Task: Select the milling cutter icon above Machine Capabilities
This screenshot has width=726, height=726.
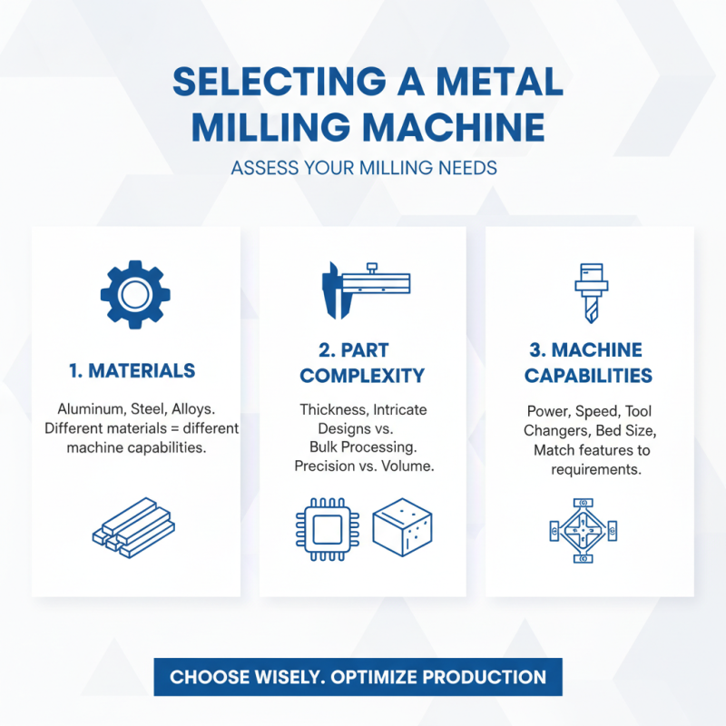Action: click(590, 293)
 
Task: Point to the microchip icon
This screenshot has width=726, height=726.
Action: click(323, 529)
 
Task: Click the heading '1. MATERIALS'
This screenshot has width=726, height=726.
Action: click(132, 370)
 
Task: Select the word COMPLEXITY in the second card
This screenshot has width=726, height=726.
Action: click(363, 376)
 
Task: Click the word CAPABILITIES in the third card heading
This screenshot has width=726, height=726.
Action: click(588, 376)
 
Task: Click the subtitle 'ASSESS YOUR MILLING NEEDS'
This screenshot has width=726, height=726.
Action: click(363, 168)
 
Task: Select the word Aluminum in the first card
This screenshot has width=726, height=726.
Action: click(88, 409)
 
